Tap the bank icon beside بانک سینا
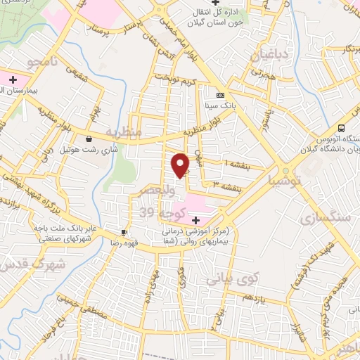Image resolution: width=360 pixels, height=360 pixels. coord(220,96)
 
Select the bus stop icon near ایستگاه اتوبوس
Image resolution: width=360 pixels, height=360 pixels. coord(341,128)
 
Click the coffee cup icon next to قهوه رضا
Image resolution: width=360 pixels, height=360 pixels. coord(124,232)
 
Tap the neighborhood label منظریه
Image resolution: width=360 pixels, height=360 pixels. coord(124,131)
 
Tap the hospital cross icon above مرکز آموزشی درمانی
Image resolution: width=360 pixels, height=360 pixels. coord(195,221)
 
